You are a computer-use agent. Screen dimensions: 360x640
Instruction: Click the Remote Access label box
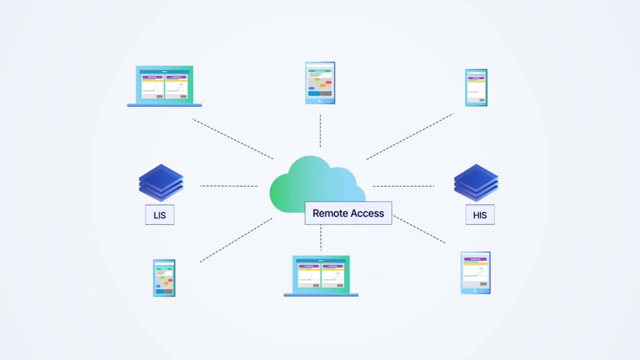(348, 213)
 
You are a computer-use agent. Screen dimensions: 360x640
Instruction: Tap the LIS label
(159, 215)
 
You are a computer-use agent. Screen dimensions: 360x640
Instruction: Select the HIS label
(479, 215)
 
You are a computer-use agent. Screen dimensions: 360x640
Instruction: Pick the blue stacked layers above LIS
(161, 182)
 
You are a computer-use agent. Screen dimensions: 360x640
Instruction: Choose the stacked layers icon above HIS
(476, 182)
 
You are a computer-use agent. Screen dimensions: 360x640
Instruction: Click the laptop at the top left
(164, 86)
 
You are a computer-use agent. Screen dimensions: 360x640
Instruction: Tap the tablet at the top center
(320, 83)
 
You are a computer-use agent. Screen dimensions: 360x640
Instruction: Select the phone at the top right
(476, 87)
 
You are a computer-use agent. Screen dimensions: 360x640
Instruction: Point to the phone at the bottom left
(164, 278)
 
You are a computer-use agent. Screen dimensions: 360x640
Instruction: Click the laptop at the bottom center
(321, 275)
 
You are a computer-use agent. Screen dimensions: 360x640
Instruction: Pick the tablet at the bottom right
(475, 272)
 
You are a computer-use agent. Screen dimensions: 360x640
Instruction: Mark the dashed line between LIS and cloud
(228, 186)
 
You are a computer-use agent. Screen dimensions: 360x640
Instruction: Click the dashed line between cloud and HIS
(403, 186)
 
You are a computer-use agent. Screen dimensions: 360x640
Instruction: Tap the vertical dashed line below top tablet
(320, 131)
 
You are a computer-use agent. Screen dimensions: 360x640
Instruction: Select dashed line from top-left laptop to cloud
(232, 139)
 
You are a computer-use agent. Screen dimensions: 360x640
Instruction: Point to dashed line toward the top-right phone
(409, 136)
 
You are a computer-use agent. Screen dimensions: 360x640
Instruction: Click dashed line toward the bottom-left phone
(236, 240)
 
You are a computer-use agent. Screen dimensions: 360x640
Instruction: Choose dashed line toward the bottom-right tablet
(419, 229)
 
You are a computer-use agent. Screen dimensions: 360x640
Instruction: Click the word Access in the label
(367, 213)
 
